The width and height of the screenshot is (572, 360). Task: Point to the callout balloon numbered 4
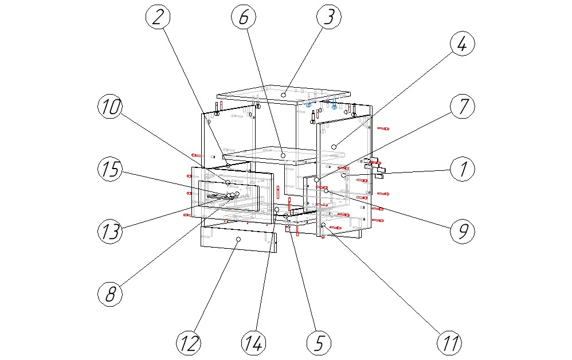pyautogui.click(x=463, y=44)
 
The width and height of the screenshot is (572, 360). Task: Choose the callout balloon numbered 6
pyautogui.click(x=244, y=17)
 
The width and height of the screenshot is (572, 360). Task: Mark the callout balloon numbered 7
pyautogui.click(x=463, y=107)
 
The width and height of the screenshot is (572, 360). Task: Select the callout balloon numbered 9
pyautogui.click(x=463, y=230)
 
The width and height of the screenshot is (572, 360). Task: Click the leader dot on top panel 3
pyautogui.click(x=284, y=93)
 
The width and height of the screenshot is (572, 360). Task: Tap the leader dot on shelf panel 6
pyautogui.click(x=283, y=154)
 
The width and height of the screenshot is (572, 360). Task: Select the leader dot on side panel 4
pyautogui.click(x=334, y=147)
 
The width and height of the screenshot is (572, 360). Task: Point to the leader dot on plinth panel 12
pyautogui.click(x=238, y=238)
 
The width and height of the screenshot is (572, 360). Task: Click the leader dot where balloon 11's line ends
pyautogui.click(x=323, y=226)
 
